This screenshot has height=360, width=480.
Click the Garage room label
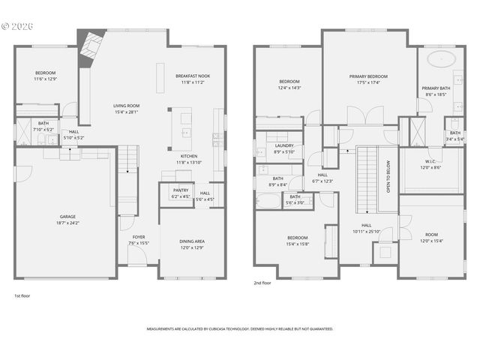(x=67, y=219)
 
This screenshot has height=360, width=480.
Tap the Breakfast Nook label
(x=192, y=79)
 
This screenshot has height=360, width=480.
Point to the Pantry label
(x=181, y=193)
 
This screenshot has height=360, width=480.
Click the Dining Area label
(x=192, y=244)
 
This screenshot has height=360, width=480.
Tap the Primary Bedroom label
(x=368, y=79)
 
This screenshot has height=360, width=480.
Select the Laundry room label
(x=284, y=148)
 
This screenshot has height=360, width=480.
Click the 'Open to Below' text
(x=388, y=177)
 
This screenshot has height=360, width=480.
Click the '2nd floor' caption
(x=263, y=283)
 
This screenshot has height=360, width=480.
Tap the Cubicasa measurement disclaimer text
(x=240, y=328)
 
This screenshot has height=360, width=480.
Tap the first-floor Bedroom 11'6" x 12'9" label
(x=45, y=76)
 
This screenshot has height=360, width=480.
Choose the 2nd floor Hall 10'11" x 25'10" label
(x=367, y=228)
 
